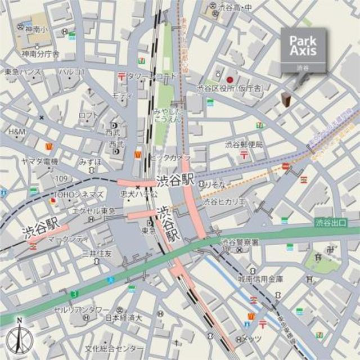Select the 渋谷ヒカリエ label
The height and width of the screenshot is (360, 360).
(224, 202)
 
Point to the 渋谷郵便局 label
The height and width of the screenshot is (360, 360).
(244, 145)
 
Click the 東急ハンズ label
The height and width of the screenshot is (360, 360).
(23, 72)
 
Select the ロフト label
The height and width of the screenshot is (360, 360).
(88, 115)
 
